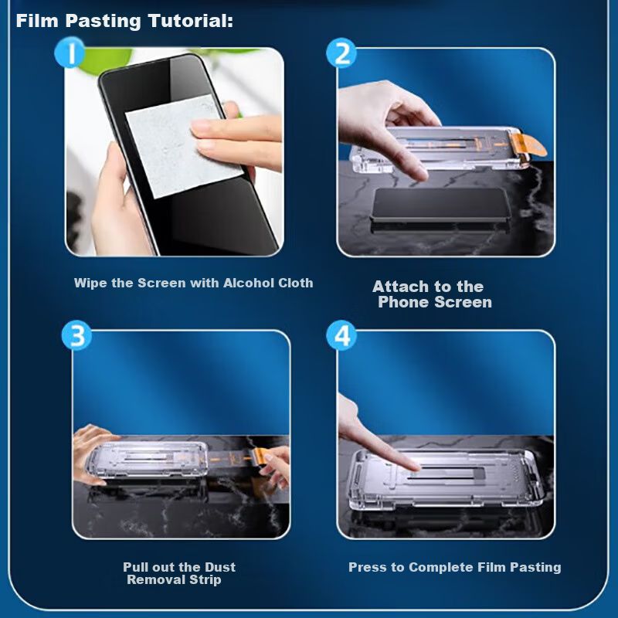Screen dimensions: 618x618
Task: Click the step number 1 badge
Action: coord(70,53)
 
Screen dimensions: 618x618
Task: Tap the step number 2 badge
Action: coord(341,53)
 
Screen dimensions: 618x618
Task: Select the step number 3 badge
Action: coord(76,335)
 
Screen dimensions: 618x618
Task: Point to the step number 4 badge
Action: coord(341,335)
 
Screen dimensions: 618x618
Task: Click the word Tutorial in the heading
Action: coord(191,21)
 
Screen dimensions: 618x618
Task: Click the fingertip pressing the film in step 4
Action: coord(413,467)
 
